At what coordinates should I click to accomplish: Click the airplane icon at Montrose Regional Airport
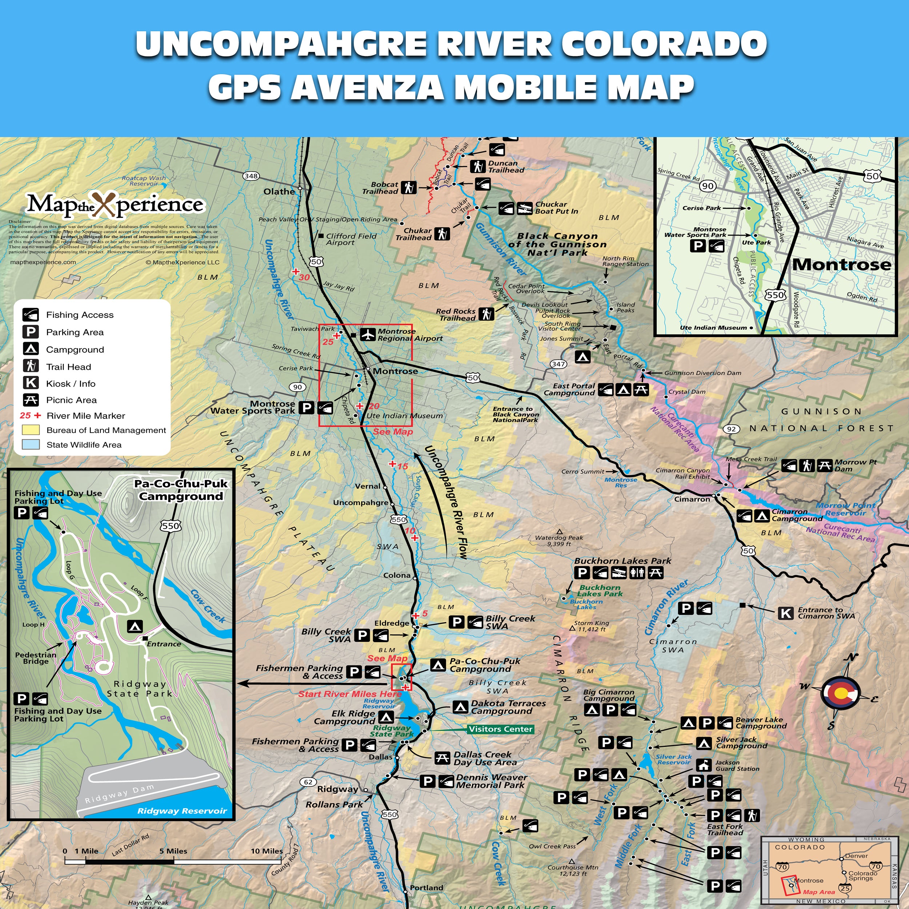pyautogui.click(x=368, y=335)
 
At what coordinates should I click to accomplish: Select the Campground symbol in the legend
pyautogui.click(x=31, y=349)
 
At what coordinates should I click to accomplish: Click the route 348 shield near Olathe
pyautogui.click(x=251, y=176)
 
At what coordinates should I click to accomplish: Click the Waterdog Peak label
pyautogui.click(x=558, y=538)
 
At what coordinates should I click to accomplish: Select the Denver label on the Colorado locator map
pyautogui.click(x=856, y=856)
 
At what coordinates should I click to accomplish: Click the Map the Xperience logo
pyautogui.click(x=115, y=204)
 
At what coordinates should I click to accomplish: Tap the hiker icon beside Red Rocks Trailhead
pyautogui.click(x=486, y=314)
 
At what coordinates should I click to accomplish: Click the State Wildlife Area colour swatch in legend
pyautogui.click(x=31, y=445)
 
